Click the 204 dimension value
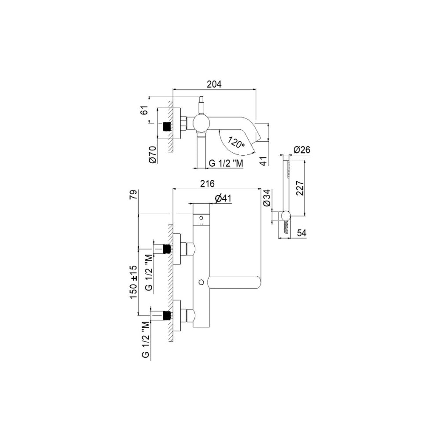pyautogui.click(x=214, y=84)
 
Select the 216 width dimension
pyautogui.click(x=207, y=183)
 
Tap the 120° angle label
pyautogui.click(x=236, y=142)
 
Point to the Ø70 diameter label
pyautogui.click(x=153, y=155)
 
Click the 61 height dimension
pyautogui.click(x=144, y=110)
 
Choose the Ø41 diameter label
pyautogui.click(x=223, y=198)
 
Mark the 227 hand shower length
pyautogui.click(x=300, y=188)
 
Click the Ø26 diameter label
pyautogui.click(x=302, y=150)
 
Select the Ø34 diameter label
pyautogui.click(x=267, y=198)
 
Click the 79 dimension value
pyautogui.click(x=134, y=194)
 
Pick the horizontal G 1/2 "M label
pyautogui.click(x=226, y=163)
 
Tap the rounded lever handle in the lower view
pyautogui.click(x=235, y=283)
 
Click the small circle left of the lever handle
pyautogui.click(x=201, y=282)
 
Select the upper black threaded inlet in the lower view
pyautogui.click(x=167, y=249)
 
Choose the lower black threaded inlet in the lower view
pyautogui.click(x=167, y=315)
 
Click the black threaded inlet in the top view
pyautogui.click(x=167, y=126)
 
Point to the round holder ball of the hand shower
pyautogui.click(x=286, y=216)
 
